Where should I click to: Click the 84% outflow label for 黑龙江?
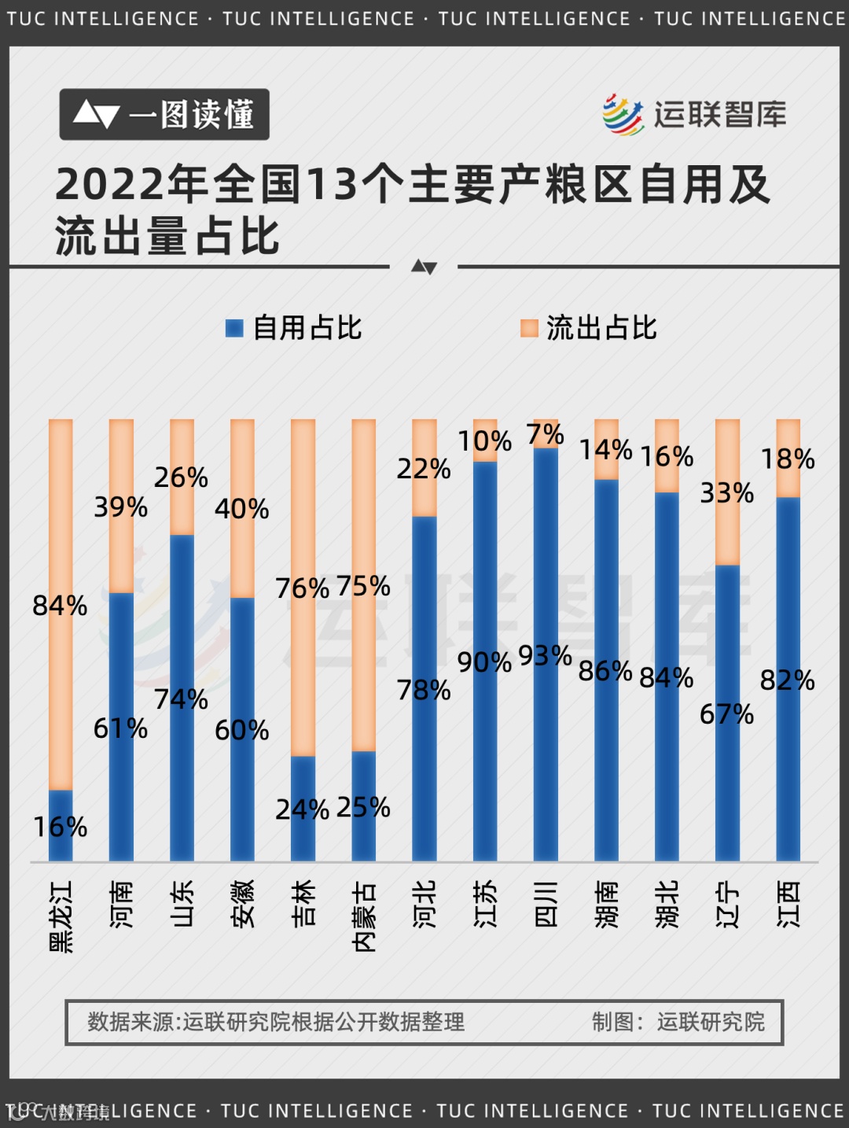click(60, 606)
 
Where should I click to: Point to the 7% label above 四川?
click(545, 434)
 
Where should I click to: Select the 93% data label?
click(545, 655)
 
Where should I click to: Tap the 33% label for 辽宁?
click(726, 493)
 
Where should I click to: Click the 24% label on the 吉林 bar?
click(302, 809)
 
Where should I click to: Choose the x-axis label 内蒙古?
click(364, 916)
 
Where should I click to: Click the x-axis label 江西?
click(788, 905)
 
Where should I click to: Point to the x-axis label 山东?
click(182, 905)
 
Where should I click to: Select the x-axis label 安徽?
click(243, 905)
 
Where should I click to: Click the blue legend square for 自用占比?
click(234, 329)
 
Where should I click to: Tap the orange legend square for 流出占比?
click(530, 329)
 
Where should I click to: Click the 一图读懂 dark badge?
click(164, 115)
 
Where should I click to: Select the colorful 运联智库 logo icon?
click(623, 115)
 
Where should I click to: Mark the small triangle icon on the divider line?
click(424, 267)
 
